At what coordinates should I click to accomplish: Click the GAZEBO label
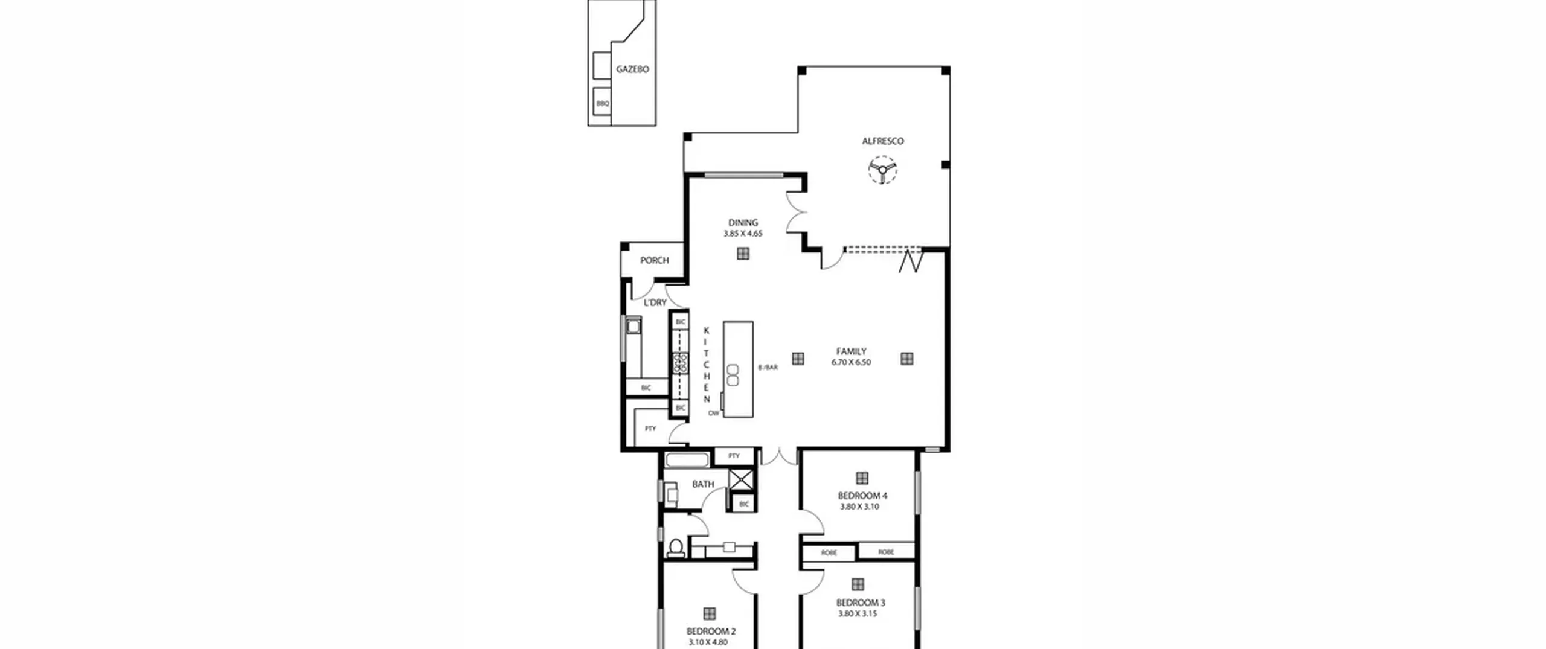pos(632,69)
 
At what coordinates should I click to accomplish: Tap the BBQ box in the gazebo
pos(603,103)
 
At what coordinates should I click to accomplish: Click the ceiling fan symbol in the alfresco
pos(882,170)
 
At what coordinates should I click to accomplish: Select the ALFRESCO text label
pos(882,141)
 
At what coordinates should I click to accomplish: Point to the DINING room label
pos(743,223)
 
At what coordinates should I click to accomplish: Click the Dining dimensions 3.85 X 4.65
pos(743,234)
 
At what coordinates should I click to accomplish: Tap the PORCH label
pos(655,260)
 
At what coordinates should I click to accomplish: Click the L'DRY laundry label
pos(655,302)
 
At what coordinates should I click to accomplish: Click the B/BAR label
pos(768,367)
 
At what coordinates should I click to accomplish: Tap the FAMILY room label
pos(852,351)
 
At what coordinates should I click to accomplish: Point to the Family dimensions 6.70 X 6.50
pos(852,362)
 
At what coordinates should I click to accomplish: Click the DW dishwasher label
pos(714,414)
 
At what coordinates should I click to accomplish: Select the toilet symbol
pos(676,547)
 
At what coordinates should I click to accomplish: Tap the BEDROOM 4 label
pos(862,496)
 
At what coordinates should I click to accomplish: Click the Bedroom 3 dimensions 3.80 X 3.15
pos(858,613)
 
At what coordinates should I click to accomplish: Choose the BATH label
pos(703,484)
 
